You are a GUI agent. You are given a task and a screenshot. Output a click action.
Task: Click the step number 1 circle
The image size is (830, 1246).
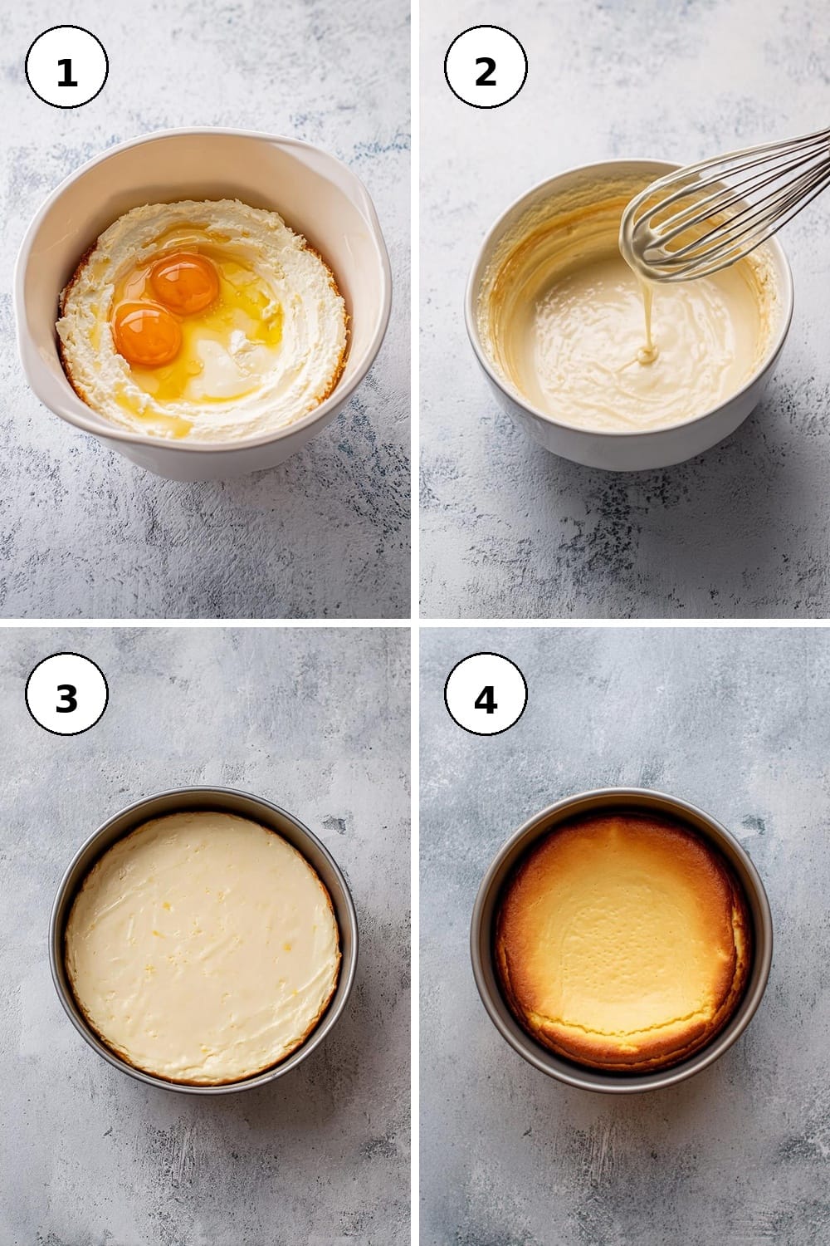[x=66, y=66]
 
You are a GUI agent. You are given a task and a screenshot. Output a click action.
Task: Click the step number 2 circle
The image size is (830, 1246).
[x=486, y=66]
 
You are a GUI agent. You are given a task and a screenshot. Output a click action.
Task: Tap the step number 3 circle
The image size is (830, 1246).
[x=66, y=694]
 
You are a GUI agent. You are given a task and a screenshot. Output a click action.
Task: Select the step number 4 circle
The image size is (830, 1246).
[x=486, y=694]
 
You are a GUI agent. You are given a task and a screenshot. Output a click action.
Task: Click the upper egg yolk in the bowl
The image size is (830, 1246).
[x=184, y=283]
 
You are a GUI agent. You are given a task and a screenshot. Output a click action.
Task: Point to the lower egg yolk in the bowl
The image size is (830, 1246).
[x=147, y=333]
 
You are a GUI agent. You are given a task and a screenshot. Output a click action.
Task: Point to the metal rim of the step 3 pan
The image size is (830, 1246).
[x=203, y=793]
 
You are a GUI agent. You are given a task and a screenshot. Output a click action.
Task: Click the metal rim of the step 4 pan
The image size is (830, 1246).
[x=622, y=794]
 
